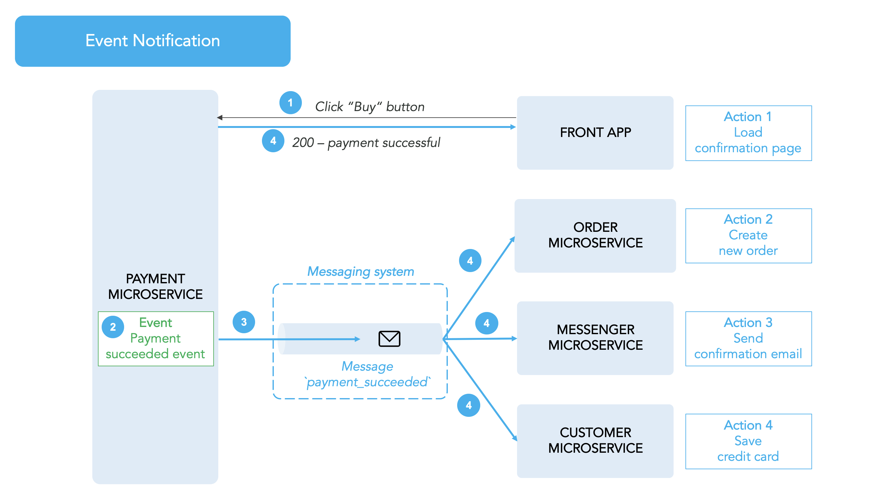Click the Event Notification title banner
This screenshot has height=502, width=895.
152,41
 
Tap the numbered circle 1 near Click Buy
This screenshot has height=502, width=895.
290,103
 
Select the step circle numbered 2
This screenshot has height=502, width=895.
113,327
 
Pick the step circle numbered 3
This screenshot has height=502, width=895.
244,322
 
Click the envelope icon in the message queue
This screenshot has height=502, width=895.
389,339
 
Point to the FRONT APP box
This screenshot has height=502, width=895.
595,133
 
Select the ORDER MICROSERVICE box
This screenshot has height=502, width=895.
595,236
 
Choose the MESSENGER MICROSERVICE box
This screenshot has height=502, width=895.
595,338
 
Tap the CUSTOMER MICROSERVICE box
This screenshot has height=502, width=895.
595,441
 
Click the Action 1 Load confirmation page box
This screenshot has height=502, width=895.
748,133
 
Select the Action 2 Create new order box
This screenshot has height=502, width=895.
748,236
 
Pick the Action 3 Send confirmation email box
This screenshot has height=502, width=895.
748,339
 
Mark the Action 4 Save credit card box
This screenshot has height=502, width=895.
748,441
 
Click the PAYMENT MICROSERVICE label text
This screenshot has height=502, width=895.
155,286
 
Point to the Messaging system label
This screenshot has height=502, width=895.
360,271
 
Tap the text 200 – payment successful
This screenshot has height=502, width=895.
366,143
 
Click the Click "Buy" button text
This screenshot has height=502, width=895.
370,107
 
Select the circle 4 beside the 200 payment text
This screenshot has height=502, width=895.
273,140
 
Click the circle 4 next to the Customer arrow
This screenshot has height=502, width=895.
469,405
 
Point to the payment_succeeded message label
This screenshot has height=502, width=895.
367,374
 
